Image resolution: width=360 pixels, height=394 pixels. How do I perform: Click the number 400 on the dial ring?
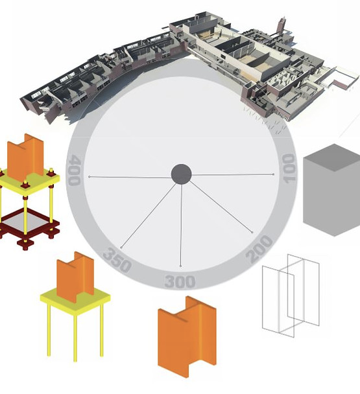pos(75,170)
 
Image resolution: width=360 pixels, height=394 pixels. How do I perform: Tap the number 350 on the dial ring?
pos(117,261)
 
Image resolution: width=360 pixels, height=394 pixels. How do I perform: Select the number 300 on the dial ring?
pos(180,282)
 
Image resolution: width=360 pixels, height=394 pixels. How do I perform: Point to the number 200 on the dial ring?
pos(259,249)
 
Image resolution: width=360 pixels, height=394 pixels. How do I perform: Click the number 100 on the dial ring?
pos(289,168)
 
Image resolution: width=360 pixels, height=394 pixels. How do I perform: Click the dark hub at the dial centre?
pos(181,174)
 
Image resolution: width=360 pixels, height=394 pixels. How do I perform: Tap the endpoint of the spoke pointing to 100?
pos(274,174)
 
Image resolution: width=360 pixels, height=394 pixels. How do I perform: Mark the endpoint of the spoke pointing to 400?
pos(90,177)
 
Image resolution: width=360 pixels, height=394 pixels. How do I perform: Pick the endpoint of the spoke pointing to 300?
pos(180,266)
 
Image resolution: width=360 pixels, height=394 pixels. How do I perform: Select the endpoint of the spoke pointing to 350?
pos(121,248)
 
